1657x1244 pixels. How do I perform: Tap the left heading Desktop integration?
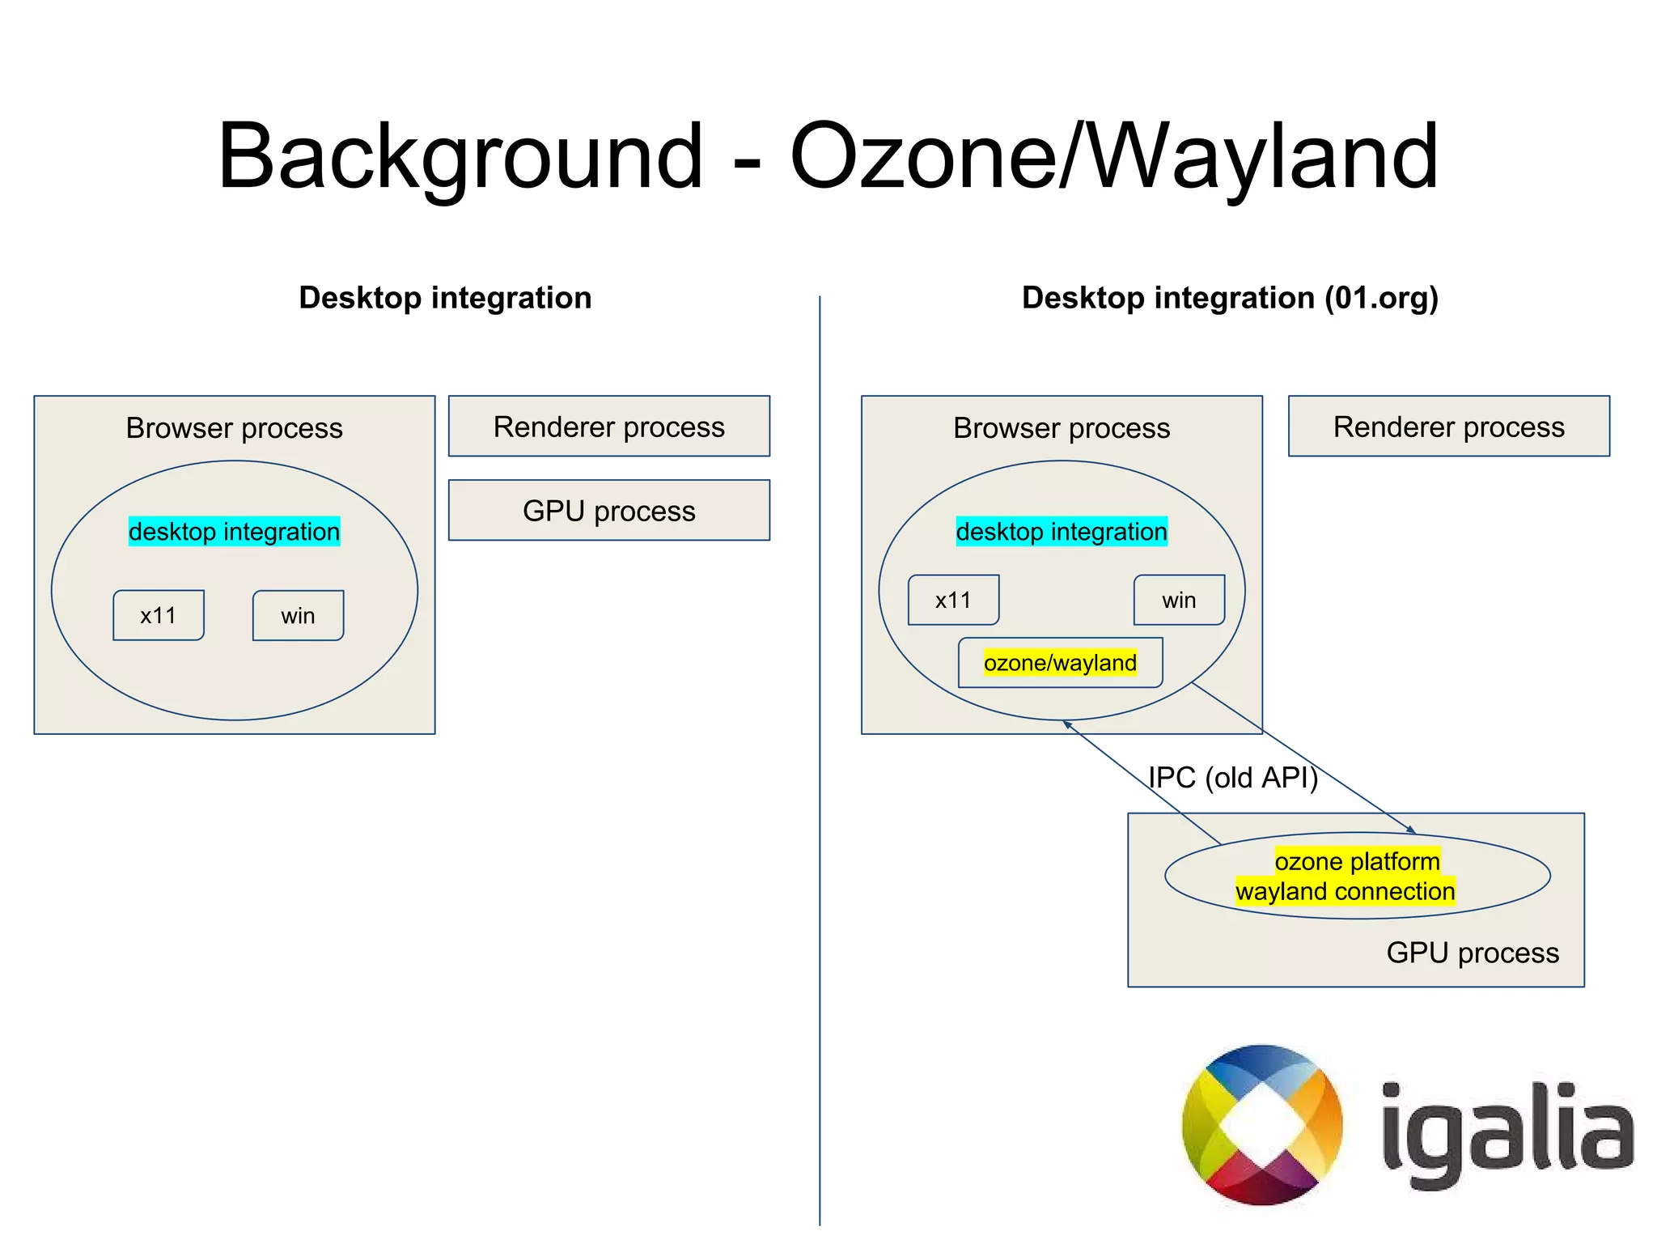(x=445, y=298)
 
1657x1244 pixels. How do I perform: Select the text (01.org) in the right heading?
(x=1380, y=298)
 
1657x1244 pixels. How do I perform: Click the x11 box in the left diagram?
(x=159, y=616)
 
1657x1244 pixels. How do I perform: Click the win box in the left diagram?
(x=298, y=616)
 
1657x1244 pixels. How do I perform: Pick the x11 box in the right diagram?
(x=953, y=601)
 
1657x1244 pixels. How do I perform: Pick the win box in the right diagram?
(x=1179, y=601)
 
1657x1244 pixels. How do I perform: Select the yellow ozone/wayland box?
(x=1060, y=663)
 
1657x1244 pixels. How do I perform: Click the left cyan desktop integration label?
(x=234, y=532)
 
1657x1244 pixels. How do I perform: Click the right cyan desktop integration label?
(x=1062, y=532)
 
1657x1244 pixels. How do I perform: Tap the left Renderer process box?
(x=609, y=427)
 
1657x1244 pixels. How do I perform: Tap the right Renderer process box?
(x=1448, y=427)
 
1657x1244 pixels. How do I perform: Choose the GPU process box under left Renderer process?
(x=609, y=511)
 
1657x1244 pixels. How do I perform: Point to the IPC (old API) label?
(x=1233, y=778)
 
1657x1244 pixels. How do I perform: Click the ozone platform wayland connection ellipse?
(x=1357, y=876)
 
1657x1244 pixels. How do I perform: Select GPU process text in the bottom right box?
(x=1473, y=953)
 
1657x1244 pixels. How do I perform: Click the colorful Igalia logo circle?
(x=1262, y=1125)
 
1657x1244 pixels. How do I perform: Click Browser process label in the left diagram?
(x=234, y=428)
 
